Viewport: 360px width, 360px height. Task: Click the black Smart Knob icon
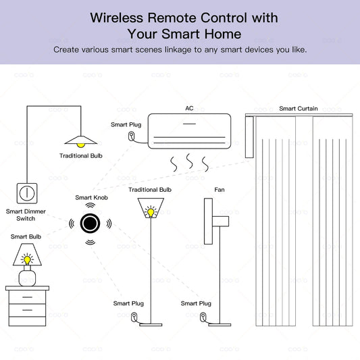[89, 222]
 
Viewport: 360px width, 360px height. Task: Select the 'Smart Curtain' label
[299, 108]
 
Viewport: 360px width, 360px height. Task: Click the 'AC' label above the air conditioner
[189, 108]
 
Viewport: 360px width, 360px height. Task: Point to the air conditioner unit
[190, 130]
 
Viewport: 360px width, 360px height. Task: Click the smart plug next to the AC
[131, 136]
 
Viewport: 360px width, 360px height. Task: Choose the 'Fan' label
[220, 190]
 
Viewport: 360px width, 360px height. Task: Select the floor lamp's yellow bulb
[151, 211]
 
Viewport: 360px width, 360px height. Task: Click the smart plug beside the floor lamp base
[134, 315]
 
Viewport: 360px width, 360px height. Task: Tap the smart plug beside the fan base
[203, 315]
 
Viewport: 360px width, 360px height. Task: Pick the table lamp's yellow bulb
[27, 259]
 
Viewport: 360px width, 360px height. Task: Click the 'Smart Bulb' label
[25, 236]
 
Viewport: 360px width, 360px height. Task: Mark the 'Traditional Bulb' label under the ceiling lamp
[82, 156]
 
